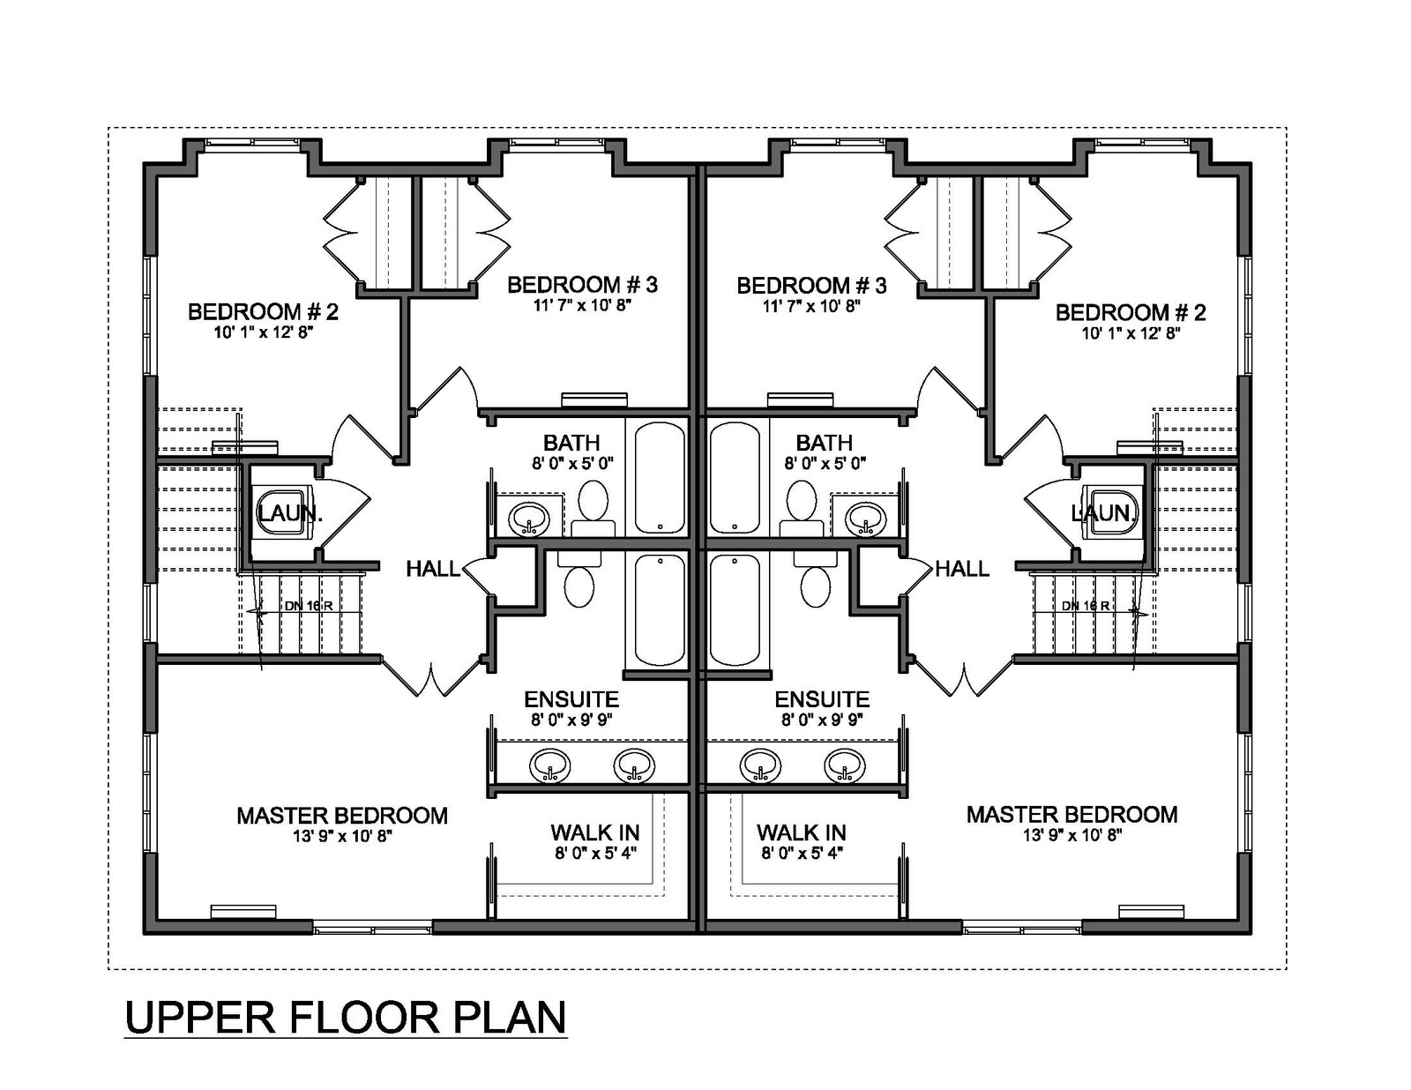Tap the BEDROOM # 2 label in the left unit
tap(263, 312)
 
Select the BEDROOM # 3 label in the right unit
tap(811, 286)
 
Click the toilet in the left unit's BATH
tap(593, 508)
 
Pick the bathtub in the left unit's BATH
tap(659, 478)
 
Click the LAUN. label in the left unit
tap(290, 513)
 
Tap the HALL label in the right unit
tap(961, 570)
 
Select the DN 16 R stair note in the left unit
tap(309, 606)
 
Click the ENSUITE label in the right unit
tap(822, 699)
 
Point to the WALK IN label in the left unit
tap(594, 832)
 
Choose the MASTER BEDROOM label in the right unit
tap(1072, 815)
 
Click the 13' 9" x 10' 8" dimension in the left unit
tap(342, 836)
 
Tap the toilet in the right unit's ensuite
tap(816, 579)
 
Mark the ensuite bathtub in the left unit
tap(659, 610)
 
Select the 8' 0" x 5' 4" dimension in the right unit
tap(802, 853)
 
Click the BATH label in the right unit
tap(824, 443)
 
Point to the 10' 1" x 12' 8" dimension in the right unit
tap(1131, 333)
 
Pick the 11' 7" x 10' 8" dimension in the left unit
tap(582, 306)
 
